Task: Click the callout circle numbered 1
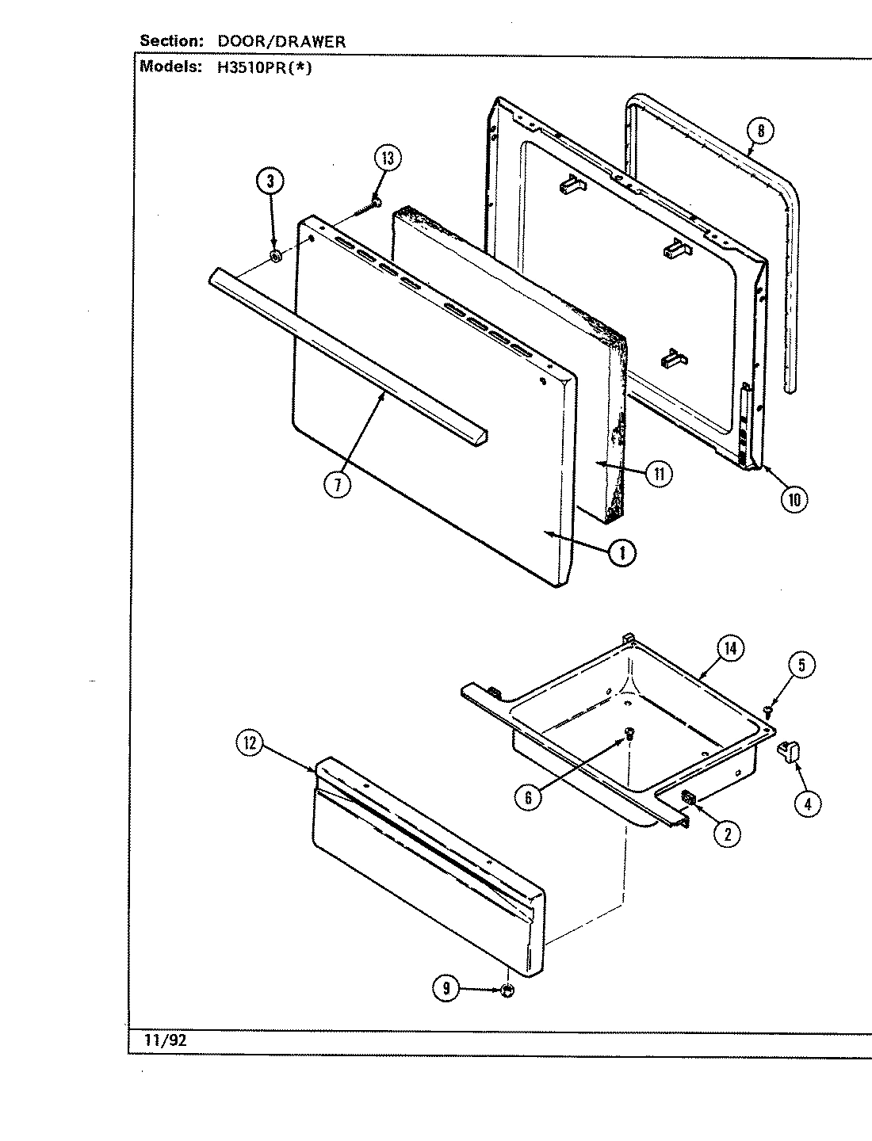[x=622, y=554]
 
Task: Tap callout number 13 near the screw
[x=387, y=158]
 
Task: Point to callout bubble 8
[x=759, y=132]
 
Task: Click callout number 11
[x=658, y=474]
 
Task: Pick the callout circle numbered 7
[x=337, y=485]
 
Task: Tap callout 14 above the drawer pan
[x=730, y=649]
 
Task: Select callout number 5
[x=801, y=666]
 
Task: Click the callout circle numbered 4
[x=807, y=804]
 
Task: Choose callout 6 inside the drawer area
[x=528, y=797]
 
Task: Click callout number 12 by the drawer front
[x=250, y=743]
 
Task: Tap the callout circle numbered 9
[x=446, y=988]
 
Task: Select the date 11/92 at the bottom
[x=165, y=1040]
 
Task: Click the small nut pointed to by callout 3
[x=275, y=257]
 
